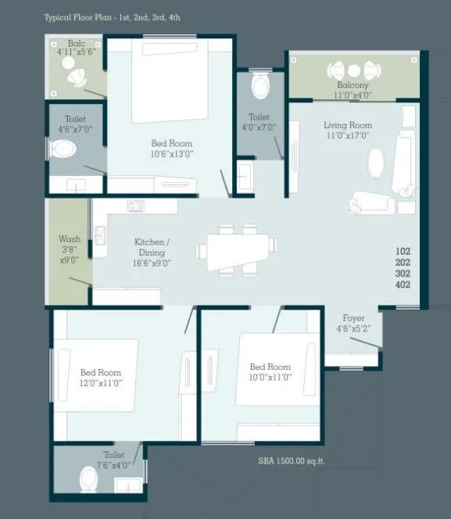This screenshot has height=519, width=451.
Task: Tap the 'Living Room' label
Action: [x=348, y=125]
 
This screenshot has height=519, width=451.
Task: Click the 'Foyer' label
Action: [x=353, y=318]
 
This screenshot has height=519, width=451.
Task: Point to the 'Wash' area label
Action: [x=70, y=239]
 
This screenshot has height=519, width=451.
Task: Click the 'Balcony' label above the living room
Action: [x=353, y=84]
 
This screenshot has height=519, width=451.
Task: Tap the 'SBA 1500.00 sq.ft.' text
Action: [x=292, y=461]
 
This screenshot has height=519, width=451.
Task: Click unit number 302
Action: [x=403, y=274]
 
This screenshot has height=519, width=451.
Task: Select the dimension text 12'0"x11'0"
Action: [x=101, y=382]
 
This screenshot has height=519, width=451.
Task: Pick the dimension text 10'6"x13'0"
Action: [x=171, y=154]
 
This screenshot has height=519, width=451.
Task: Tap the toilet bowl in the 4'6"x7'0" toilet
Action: [x=62, y=148]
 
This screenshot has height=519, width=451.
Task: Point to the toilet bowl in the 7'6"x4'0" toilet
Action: [x=89, y=478]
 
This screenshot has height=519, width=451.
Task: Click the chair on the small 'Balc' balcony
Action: [x=79, y=79]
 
